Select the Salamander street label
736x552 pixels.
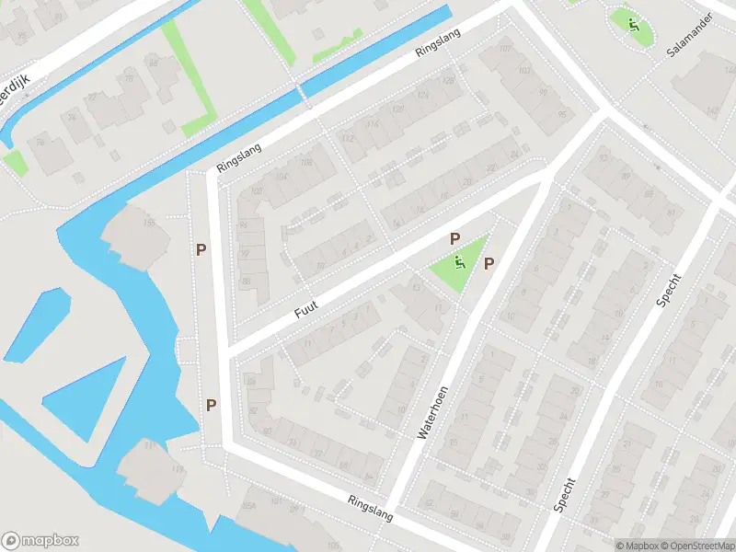(691, 35)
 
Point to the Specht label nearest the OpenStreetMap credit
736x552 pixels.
(565, 494)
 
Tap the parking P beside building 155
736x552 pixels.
(201, 248)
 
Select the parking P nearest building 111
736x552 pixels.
(212, 405)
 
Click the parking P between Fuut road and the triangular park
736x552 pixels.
(454, 239)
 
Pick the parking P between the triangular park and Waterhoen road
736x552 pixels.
(489, 264)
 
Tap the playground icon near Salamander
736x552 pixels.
(633, 25)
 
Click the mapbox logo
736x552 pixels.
(40, 540)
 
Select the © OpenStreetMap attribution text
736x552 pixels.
(696, 546)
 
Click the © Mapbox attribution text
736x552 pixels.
(637, 546)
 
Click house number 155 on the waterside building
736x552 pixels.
(148, 224)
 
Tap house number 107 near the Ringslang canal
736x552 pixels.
(504, 48)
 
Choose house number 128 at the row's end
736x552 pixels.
(448, 81)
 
